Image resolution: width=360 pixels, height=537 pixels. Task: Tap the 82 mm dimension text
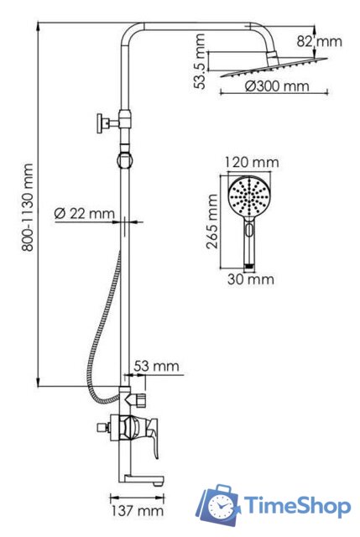coord(320,39)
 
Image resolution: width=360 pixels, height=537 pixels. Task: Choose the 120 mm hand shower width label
coord(252,162)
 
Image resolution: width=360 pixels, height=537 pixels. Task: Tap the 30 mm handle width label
coord(249,279)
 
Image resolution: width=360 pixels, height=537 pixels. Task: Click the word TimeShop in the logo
coord(297,505)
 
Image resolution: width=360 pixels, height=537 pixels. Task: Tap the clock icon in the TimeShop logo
coord(222,507)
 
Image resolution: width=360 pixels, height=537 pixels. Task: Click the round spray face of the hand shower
coord(250,199)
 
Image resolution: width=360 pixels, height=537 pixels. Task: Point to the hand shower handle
coord(250,243)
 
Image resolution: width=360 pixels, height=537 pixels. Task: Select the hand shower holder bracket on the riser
coord(124,158)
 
